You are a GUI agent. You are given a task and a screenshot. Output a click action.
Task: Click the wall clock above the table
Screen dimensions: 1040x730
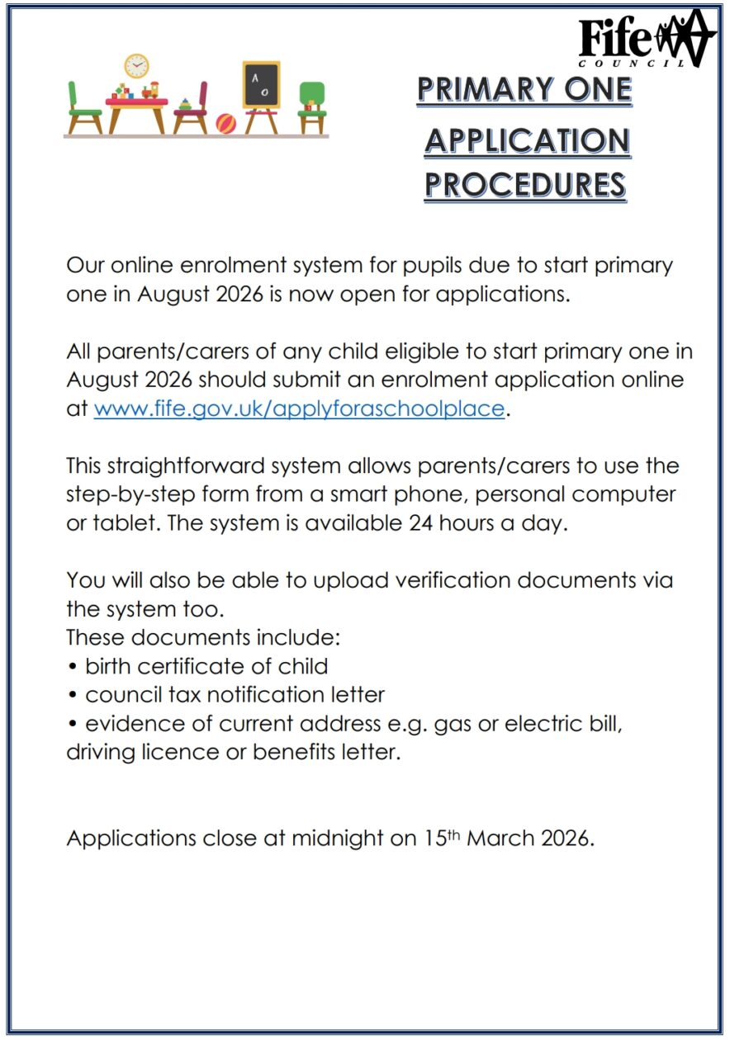click(137, 66)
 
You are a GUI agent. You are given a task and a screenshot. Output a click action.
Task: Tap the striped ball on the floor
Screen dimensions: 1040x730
click(226, 124)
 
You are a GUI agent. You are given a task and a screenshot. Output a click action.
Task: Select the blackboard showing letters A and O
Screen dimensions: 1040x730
click(261, 84)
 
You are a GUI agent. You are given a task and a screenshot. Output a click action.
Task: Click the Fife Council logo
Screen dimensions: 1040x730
click(646, 40)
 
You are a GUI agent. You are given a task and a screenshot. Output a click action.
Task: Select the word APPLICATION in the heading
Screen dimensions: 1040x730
click(527, 141)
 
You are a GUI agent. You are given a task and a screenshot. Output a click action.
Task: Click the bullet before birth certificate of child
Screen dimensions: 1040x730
click(72, 667)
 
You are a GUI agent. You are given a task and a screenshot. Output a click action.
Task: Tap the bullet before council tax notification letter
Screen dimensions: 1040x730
click(72, 696)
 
